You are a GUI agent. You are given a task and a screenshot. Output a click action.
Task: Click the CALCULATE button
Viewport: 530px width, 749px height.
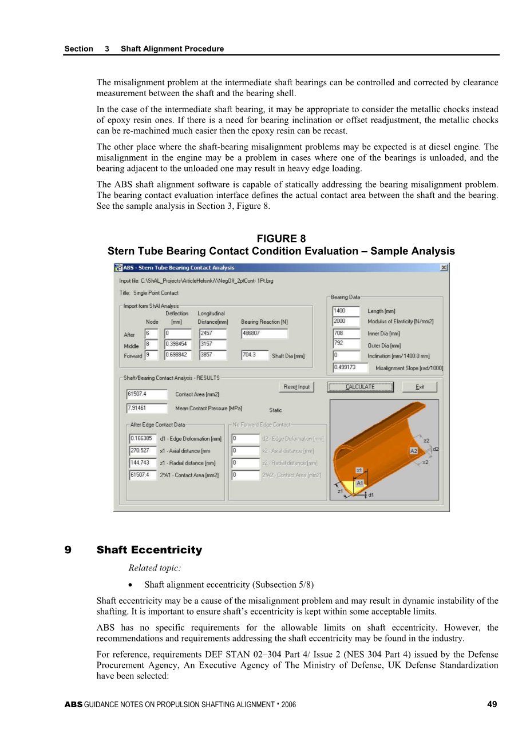(x=360, y=387)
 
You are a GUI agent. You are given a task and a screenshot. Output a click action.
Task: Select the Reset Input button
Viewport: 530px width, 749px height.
(x=296, y=387)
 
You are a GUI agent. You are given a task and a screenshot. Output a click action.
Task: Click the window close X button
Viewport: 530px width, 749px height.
(x=444, y=268)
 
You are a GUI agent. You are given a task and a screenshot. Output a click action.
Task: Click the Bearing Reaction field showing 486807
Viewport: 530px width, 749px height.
(x=264, y=333)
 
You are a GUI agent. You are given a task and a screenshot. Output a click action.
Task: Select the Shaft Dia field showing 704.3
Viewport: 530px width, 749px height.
(x=255, y=355)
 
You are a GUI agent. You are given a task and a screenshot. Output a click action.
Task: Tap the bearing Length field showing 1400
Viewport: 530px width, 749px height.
(x=346, y=311)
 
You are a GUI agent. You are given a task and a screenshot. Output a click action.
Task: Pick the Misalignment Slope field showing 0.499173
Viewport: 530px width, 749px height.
(x=350, y=367)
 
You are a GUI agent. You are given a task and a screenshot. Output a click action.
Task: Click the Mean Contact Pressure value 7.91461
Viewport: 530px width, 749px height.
(x=147, y=408)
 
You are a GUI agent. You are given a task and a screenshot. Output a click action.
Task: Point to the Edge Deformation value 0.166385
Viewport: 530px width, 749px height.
(x=143, y=438)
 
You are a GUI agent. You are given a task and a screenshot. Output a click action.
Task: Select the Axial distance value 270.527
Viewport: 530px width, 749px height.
(x=143, y=450)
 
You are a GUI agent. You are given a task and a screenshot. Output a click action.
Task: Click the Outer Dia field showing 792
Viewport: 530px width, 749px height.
(x=346, y=343)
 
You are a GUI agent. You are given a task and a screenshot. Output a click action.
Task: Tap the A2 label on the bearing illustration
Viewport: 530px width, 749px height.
(x=414, y=451)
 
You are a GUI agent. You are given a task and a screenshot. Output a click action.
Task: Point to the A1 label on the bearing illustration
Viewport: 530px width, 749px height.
(x=360, y=484)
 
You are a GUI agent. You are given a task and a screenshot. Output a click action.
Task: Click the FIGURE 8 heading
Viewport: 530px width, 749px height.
(x=281, y=239)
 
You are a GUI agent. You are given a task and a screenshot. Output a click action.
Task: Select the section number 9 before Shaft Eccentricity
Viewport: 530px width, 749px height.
(x=68, y=550)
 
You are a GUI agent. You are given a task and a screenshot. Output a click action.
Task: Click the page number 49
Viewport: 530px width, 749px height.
(x=492, y=704)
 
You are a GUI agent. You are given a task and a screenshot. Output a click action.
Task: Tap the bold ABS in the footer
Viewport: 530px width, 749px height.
(x=73, y=705)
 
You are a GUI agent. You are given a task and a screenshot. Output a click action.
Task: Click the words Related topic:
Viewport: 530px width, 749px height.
(x=155, y=568)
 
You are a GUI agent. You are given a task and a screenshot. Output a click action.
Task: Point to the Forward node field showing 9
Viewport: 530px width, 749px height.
(x=151, y=355)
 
